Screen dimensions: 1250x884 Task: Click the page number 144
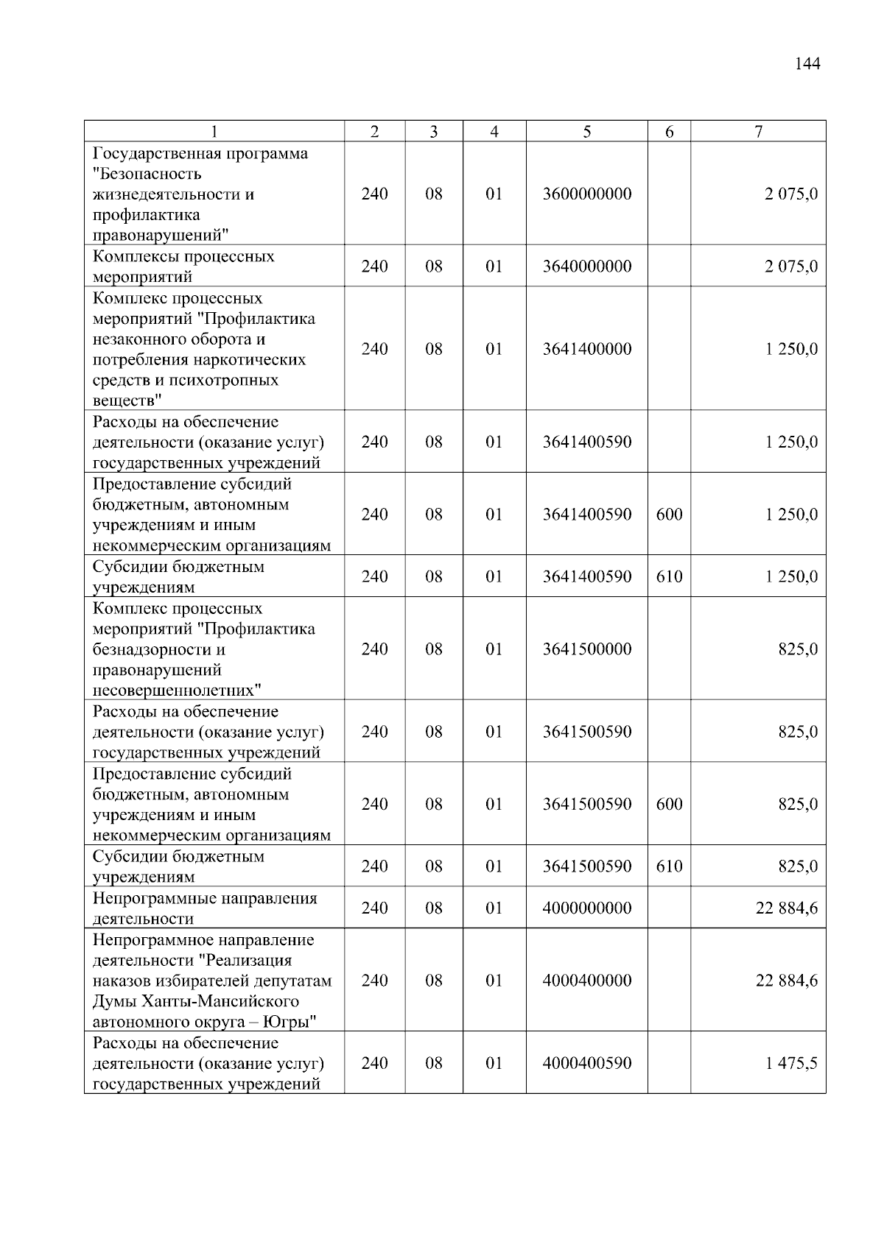coord(807,64)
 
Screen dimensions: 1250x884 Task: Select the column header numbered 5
coord(586,132)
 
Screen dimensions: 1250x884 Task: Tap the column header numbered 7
coord(758,132)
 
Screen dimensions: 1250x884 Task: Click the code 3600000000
coord(586,194)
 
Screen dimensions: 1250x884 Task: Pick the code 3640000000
coord(586,266)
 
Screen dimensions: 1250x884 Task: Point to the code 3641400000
coord(586,349)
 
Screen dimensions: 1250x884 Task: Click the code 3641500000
coord(586,649)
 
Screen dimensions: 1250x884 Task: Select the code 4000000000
coord(586,908)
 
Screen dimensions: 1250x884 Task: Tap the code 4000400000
coord(586,981)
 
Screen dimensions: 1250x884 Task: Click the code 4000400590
coord(586,1063)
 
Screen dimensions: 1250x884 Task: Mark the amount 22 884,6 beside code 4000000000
coord(786,908)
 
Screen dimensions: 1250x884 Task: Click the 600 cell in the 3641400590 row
coord(669,515)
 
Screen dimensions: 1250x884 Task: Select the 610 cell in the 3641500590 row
coord(669,866)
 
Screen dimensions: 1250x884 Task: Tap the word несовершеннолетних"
coord(177,691)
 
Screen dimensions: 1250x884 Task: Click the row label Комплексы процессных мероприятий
coord(183,266)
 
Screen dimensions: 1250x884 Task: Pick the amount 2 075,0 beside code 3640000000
coord(790,266)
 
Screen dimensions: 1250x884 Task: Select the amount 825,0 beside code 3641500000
coord(798,649)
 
